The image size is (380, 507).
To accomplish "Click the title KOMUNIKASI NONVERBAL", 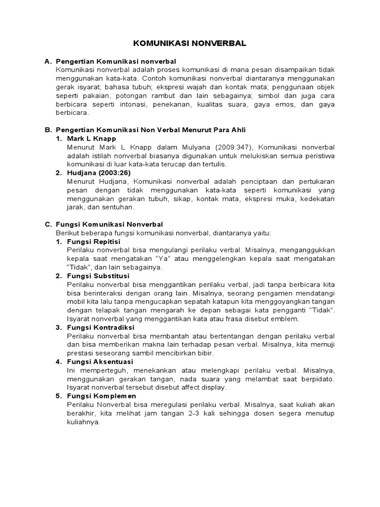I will (x=190, y=44).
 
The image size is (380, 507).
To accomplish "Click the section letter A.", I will (x=47, y=61).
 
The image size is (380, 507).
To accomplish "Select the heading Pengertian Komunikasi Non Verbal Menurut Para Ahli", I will (x=151, y=130).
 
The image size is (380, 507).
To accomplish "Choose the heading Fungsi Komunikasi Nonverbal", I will (x=109, y=224).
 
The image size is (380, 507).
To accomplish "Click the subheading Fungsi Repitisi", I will (x=94, y=242).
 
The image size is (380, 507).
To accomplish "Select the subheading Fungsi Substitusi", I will (x=98, y=276).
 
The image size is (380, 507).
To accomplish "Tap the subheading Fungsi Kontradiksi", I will (x=100, y=327).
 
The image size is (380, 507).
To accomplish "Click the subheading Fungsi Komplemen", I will (x=101, y=396).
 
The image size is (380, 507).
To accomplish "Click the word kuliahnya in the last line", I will (x=83, y=422).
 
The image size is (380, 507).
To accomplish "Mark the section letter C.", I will (x=47, y=224).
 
